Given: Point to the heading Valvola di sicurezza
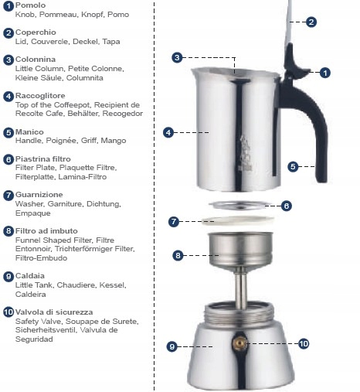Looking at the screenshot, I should pos(54,312).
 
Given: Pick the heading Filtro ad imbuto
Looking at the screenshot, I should pos(46,230).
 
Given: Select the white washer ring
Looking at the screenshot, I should pos(235,220).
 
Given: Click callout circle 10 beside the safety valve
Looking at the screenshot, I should pos(303,343).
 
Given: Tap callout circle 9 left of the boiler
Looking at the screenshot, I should pos(172,346).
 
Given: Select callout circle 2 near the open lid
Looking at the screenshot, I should pos(311,22).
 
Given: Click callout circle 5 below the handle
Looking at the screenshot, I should pos(293,166).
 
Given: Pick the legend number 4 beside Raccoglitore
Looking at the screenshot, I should pos(8,97).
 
